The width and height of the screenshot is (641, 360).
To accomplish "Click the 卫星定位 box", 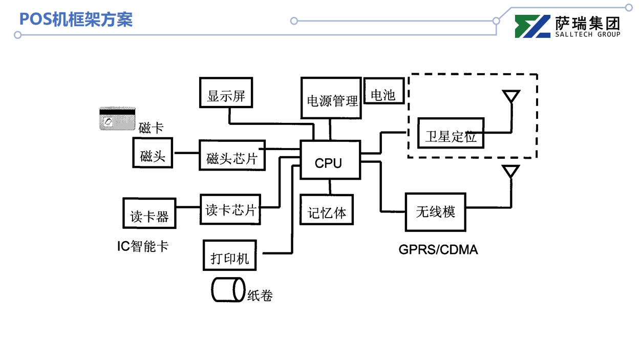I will coord(451,134).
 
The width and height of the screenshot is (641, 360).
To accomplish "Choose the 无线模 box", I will coord(435,211).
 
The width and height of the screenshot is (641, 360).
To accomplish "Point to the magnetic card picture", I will coord(117,119).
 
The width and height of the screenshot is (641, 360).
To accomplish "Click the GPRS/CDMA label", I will coord(438,249).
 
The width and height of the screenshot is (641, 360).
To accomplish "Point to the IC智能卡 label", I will coord(143,246).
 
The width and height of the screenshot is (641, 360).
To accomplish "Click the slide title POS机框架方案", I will coord(76,19).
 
